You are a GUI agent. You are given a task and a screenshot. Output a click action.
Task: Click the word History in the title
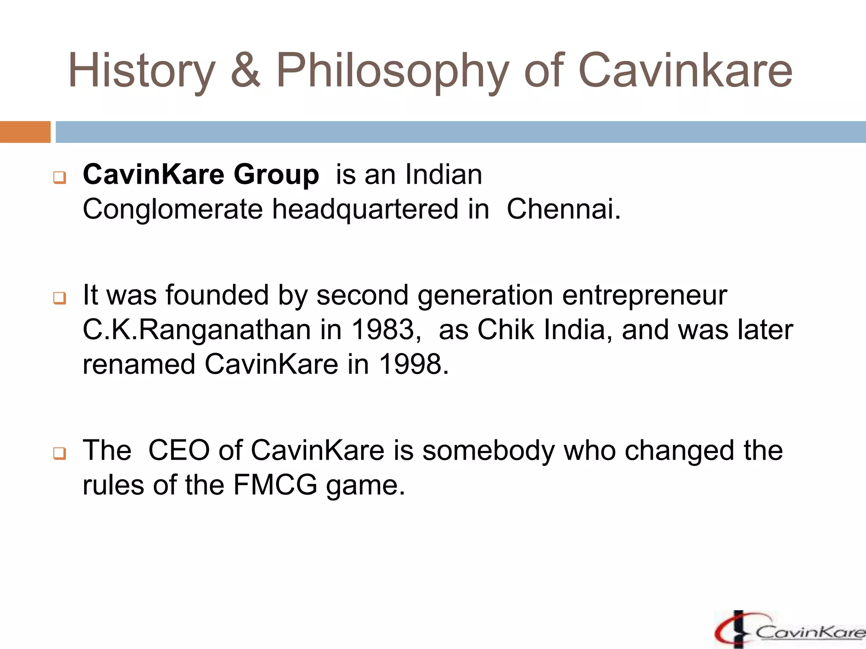pyautogui.click(x=142, y=71)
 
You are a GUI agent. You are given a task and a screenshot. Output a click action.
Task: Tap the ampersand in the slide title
pyautogui.click(x=245, y=70)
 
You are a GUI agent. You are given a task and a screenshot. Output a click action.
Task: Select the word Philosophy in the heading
pyautogui.click(x=392, y=71)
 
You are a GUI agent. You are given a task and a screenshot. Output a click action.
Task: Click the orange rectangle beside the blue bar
pyautogui.click(x=25, y=132)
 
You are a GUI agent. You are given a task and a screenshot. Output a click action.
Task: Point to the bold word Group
pyautogui.click(x=276, y=175)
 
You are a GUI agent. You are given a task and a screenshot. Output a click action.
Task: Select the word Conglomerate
pyautogui.click(x=173, y=210)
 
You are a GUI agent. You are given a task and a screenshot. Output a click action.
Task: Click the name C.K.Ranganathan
pyautogui.click(x=197, y=330)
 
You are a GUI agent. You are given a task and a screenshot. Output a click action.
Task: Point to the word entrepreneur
pyautogui.click(x=644, y=296)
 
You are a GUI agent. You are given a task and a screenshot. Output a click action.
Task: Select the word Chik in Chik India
pyautogui.click(x=505, y=330)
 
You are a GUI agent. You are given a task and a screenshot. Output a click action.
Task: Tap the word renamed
pyautogui.click(x=139, y=364)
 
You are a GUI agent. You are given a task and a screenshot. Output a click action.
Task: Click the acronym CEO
pyautogui.click(x=179, y=450)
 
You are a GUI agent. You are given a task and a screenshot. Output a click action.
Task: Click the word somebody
pyautogui.click(x=488, y=450)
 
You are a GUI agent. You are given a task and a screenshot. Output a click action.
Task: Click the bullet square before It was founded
pyautogui.click(x=59, y=299)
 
